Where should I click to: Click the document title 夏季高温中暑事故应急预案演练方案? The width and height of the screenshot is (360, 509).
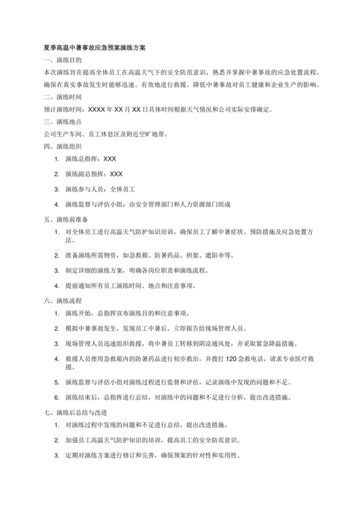94,48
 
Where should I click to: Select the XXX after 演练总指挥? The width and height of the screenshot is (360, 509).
109,158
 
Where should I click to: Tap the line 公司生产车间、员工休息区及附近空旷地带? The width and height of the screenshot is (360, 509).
106,134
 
